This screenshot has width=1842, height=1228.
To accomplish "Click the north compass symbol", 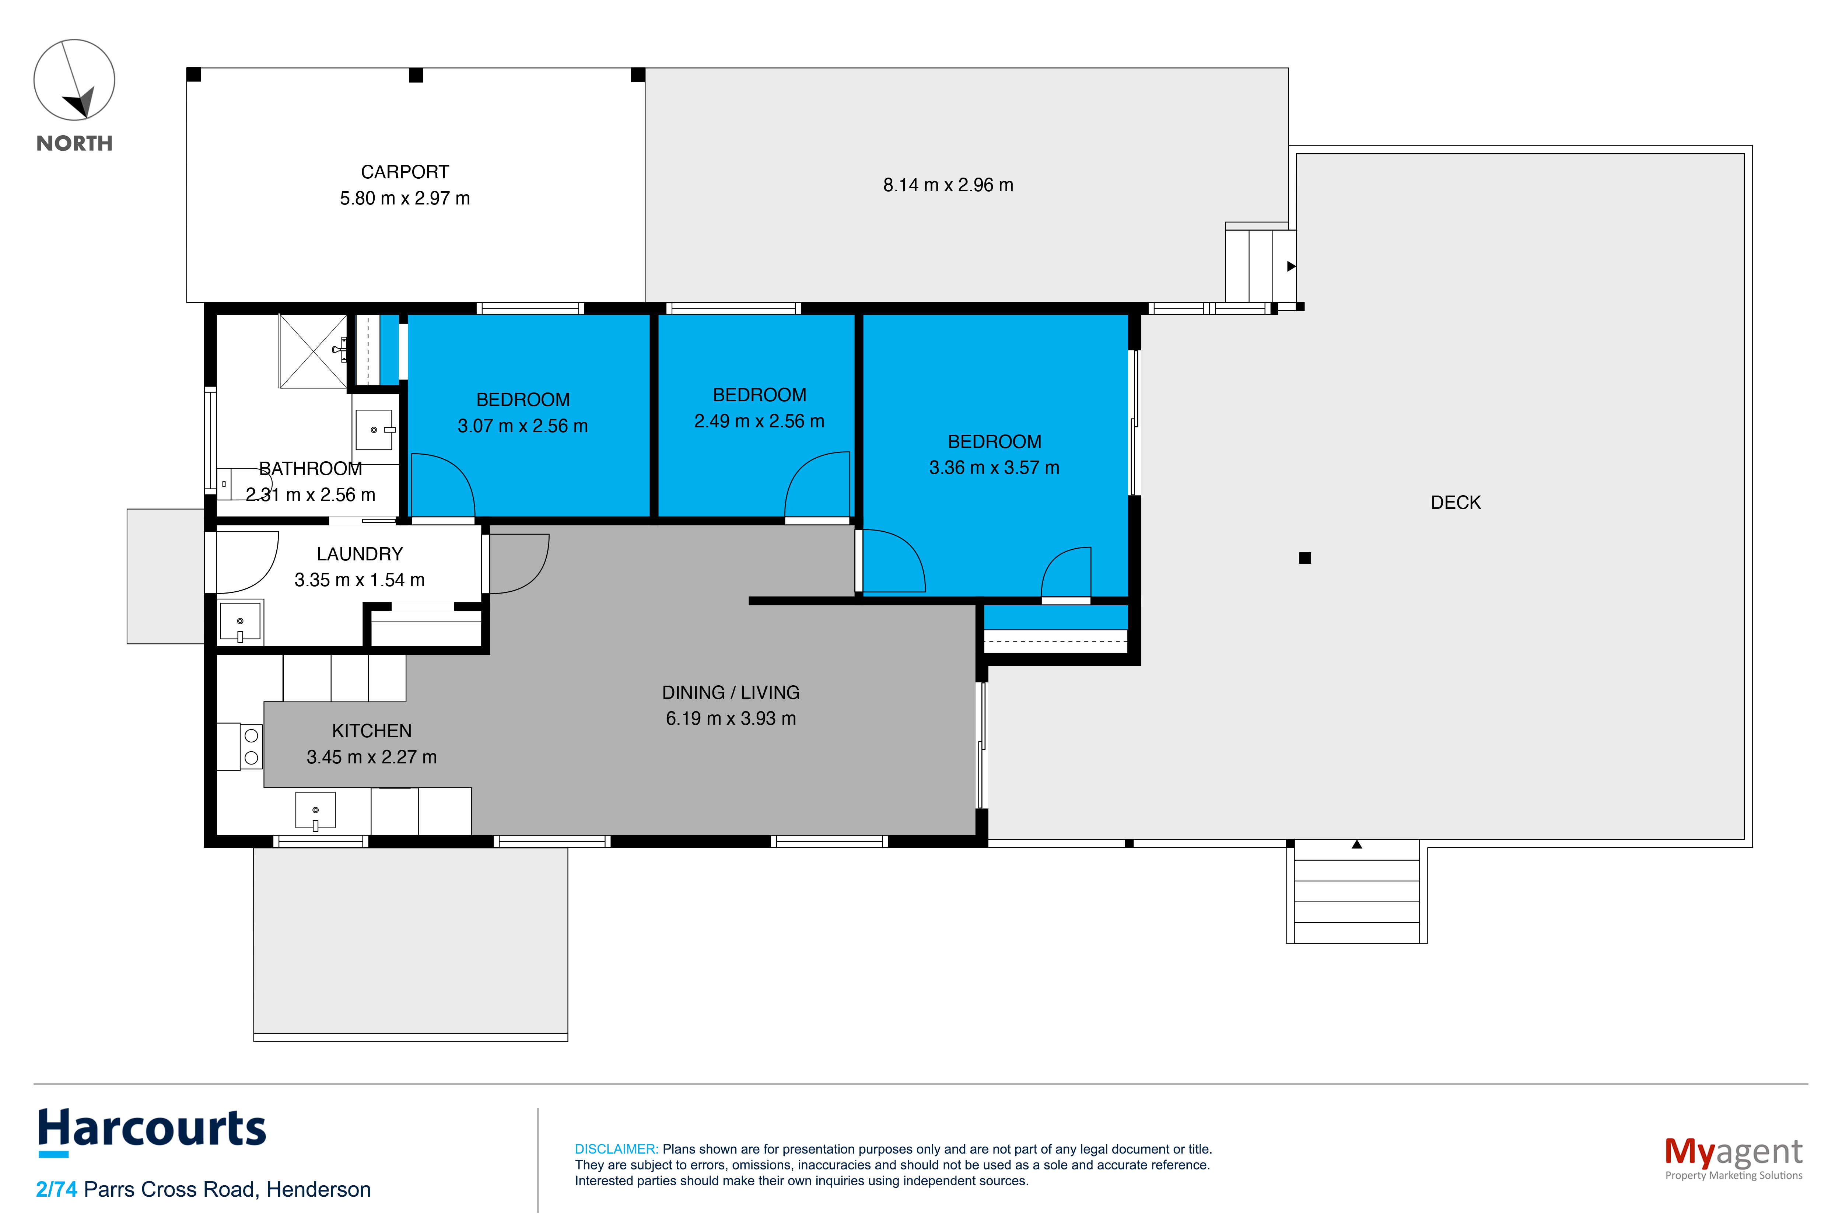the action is coord(74,80).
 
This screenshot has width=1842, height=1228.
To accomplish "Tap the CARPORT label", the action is coord(405,172).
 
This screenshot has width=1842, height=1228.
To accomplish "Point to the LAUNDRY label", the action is coord(360,554).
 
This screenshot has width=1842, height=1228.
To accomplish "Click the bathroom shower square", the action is coord(312,351).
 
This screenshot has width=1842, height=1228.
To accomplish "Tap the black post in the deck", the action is coord(1305,557).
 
